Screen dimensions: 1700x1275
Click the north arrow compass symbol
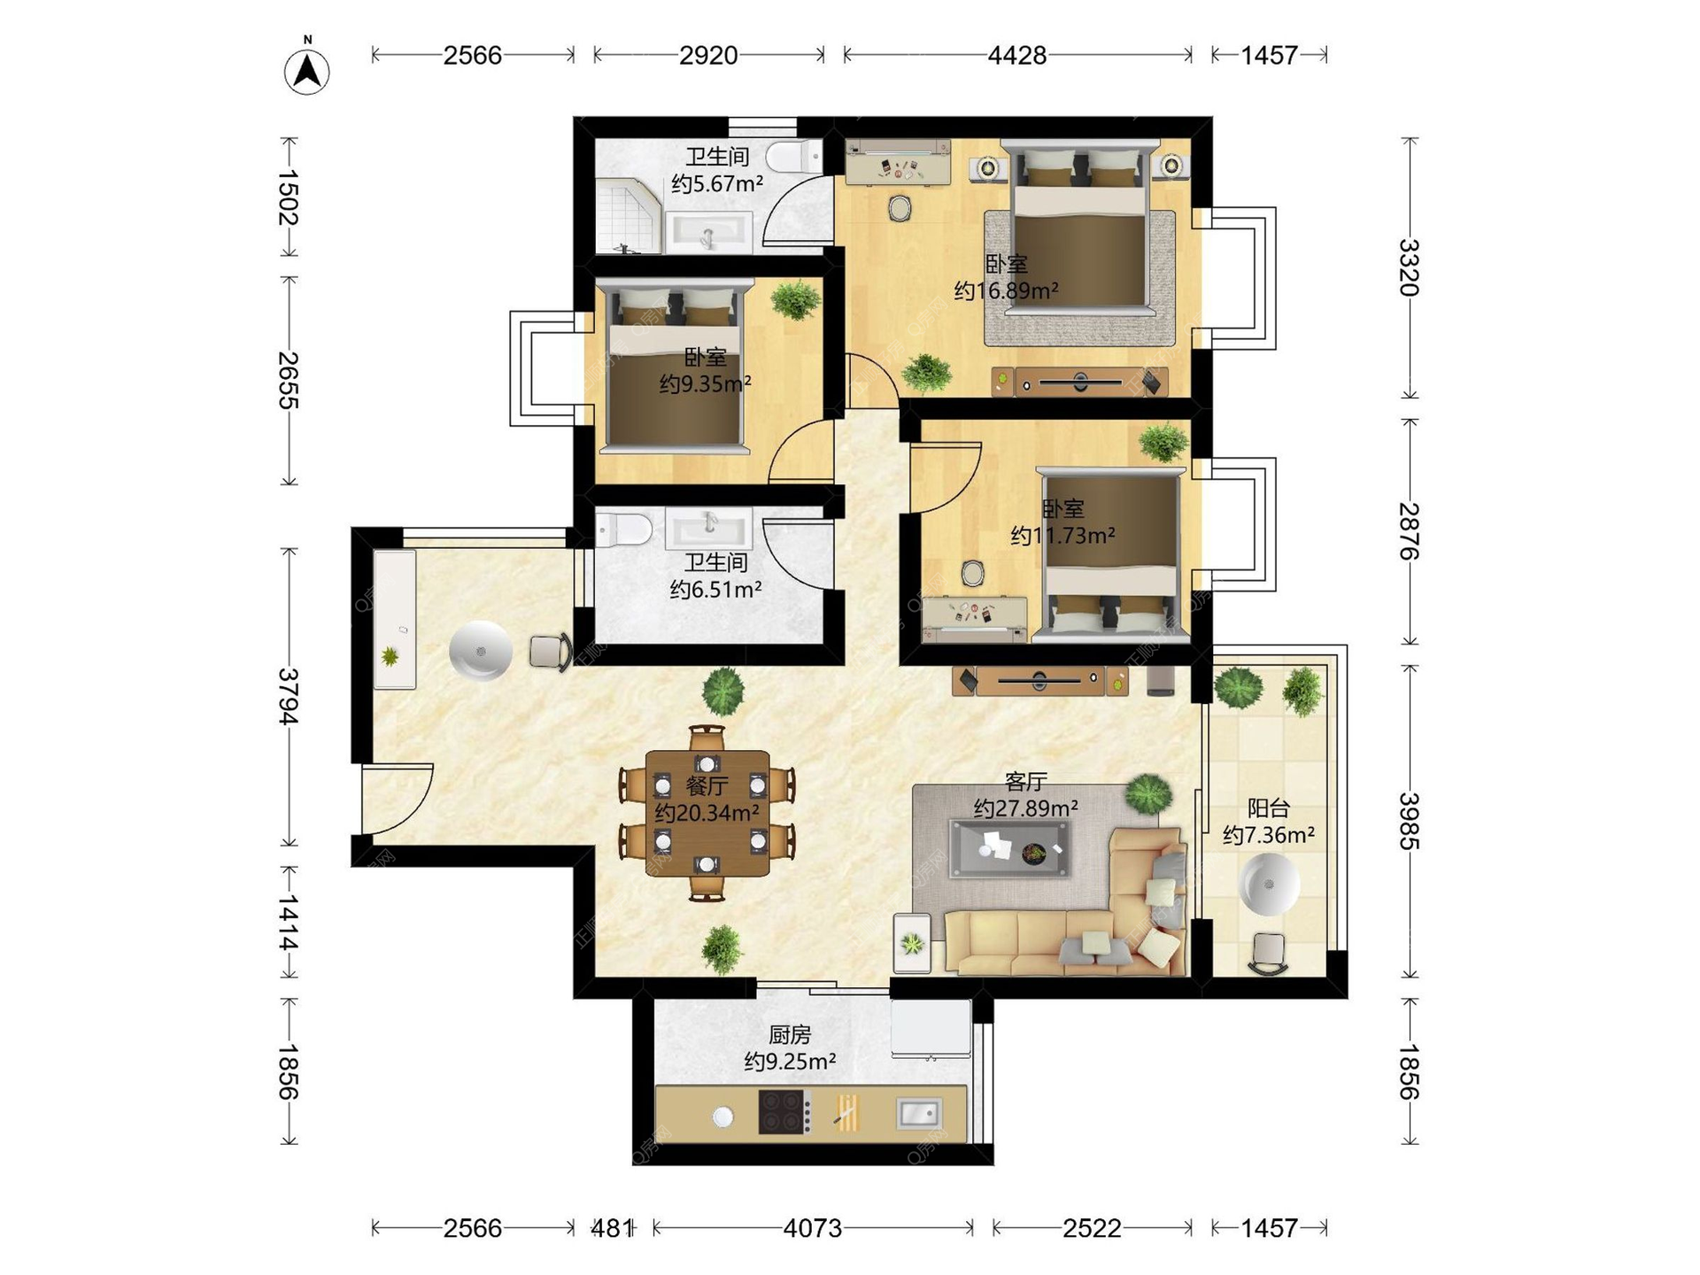coord(306,67)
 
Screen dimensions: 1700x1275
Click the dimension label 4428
coord(1017,55)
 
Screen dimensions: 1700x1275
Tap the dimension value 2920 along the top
coord(708,55)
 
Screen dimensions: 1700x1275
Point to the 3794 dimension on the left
coord(289,697)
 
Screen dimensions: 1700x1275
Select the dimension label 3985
coord(1409,822)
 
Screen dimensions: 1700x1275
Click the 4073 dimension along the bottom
coord(813,1228)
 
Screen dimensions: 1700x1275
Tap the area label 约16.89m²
coord(1007,290)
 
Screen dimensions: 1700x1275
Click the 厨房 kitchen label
coord(790,1034)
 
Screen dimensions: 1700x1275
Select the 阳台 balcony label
coord(1269,807)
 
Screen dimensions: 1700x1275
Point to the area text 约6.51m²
coord(715,589)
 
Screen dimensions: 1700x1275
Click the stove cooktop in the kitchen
coord(784,1112)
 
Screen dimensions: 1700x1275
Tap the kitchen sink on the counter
coord(919,1112)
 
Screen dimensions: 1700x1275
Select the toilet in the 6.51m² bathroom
coord(623,530)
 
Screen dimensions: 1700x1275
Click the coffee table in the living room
coord(1009,849)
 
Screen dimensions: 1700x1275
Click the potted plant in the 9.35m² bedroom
coord(796,299)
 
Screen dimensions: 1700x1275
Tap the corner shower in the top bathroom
coord(628,215)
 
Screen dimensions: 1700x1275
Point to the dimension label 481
coord(612,1228)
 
